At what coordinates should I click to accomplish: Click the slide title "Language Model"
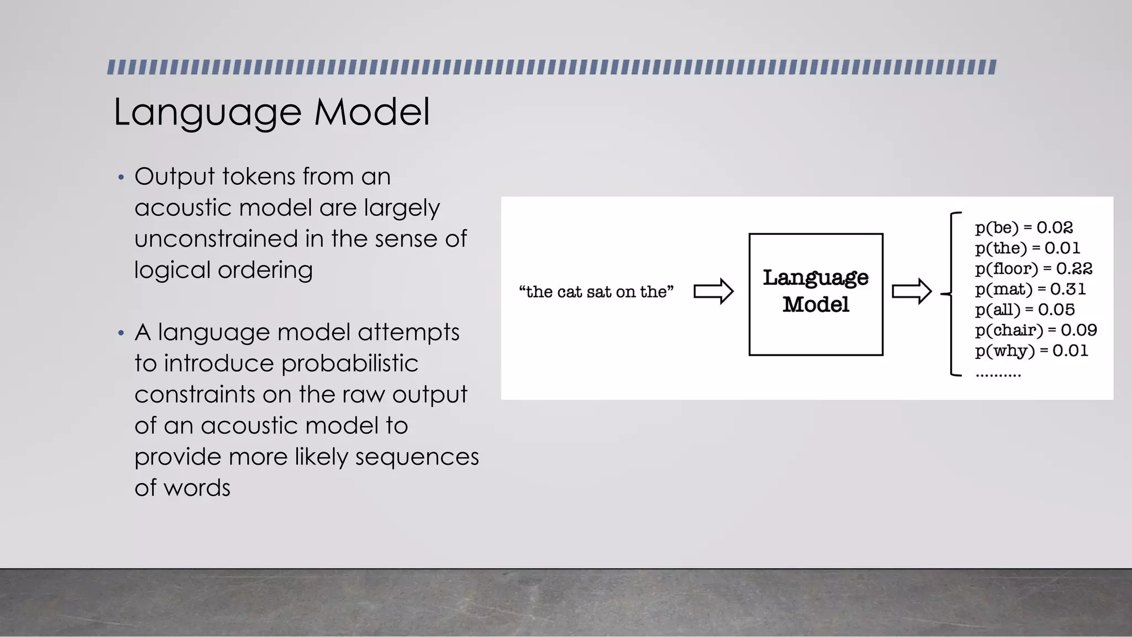coord(271,112)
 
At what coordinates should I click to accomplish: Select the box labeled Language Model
coord(815,294)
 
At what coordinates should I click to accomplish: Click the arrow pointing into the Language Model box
coord(713,291)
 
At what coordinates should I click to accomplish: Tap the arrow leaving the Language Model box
coord(911,291)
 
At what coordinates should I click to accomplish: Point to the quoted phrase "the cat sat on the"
coord(596,292)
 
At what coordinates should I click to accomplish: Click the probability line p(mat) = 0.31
coord(1030,289)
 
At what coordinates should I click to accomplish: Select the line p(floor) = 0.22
coord(1033,269)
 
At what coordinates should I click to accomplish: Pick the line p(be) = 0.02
coord(1024,228)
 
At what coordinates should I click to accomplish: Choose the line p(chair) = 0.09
coord(1035,330)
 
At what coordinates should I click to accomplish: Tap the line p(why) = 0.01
coord(1031,351)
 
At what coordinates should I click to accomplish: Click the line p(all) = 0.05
coord(1024,310)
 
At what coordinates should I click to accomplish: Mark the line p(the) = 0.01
coord(1027,248)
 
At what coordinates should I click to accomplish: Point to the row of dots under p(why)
coord(998,375)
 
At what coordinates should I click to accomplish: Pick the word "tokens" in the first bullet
coord(258,177)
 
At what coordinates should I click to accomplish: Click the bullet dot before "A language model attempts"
coord(121,333)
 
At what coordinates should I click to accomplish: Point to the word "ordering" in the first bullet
coord(265,270)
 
